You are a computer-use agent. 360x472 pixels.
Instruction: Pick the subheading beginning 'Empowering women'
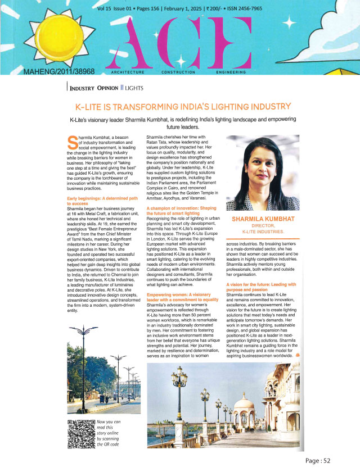[182, 298]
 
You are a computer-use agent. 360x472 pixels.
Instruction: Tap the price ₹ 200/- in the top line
[212, 10]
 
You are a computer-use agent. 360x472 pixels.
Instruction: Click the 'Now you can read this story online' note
[110, 433]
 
